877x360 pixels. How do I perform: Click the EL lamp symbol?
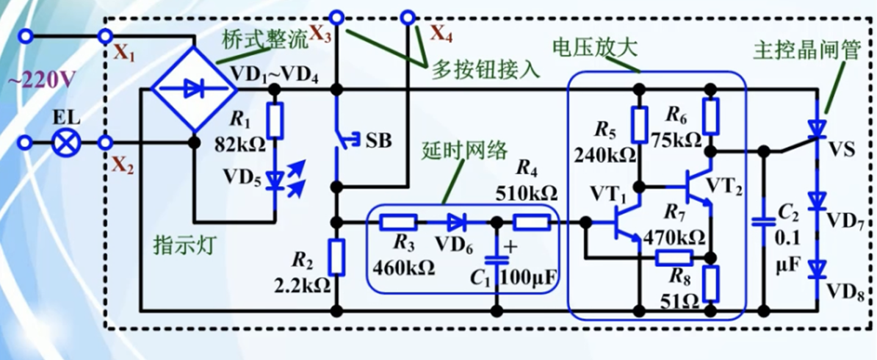click(x=68, y=142)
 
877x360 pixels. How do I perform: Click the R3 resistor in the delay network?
click(x=399, y=222)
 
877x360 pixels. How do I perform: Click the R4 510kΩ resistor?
click(x=531, y=222)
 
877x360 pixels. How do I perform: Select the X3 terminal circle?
click(x=336, y=16)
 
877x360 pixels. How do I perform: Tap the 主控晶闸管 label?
click(x=798, y=51)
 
